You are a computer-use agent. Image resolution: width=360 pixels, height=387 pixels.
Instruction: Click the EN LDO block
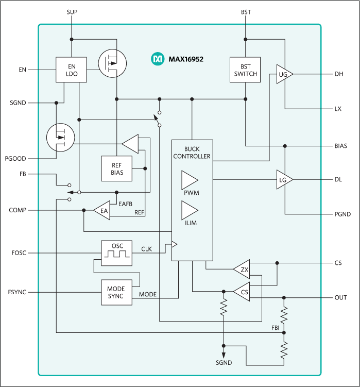72,70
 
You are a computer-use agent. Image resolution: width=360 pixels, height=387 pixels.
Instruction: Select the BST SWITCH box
245,70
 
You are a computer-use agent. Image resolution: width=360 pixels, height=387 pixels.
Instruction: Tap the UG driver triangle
284,75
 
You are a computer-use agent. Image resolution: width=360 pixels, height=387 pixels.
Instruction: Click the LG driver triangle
284,179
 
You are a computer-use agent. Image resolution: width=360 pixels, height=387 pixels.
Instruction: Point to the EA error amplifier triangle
102,210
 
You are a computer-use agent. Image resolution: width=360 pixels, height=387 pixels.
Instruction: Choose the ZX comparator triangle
242,269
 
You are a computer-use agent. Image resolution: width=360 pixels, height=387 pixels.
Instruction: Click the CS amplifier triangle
242,292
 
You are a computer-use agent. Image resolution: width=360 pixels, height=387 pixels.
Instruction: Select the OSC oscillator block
116,253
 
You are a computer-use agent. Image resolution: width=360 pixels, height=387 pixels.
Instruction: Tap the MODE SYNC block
116,293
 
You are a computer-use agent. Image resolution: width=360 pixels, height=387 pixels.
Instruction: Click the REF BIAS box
116,168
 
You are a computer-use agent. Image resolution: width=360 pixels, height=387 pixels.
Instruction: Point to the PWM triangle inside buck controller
189,180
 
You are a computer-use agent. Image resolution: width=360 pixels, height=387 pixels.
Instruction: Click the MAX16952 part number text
186,60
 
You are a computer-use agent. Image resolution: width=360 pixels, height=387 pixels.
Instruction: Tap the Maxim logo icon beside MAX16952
157,59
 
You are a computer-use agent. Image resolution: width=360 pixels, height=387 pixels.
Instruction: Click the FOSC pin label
18,253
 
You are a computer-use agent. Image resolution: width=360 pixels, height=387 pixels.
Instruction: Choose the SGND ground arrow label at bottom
224,363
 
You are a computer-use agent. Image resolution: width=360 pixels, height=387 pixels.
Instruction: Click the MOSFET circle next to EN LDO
112,63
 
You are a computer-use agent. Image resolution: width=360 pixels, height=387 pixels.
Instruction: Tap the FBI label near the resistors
276,327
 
